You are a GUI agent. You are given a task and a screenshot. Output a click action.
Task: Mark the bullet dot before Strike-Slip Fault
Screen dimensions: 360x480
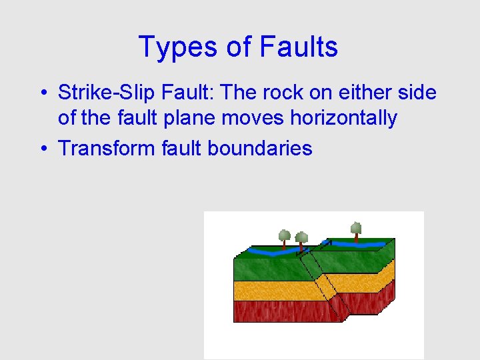click(x=42, y=93)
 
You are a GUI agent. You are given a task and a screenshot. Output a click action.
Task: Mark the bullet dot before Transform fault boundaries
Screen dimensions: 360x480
click(x=42, y=148)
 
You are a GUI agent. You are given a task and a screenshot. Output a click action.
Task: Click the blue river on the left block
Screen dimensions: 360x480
click(x=267, y=253)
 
